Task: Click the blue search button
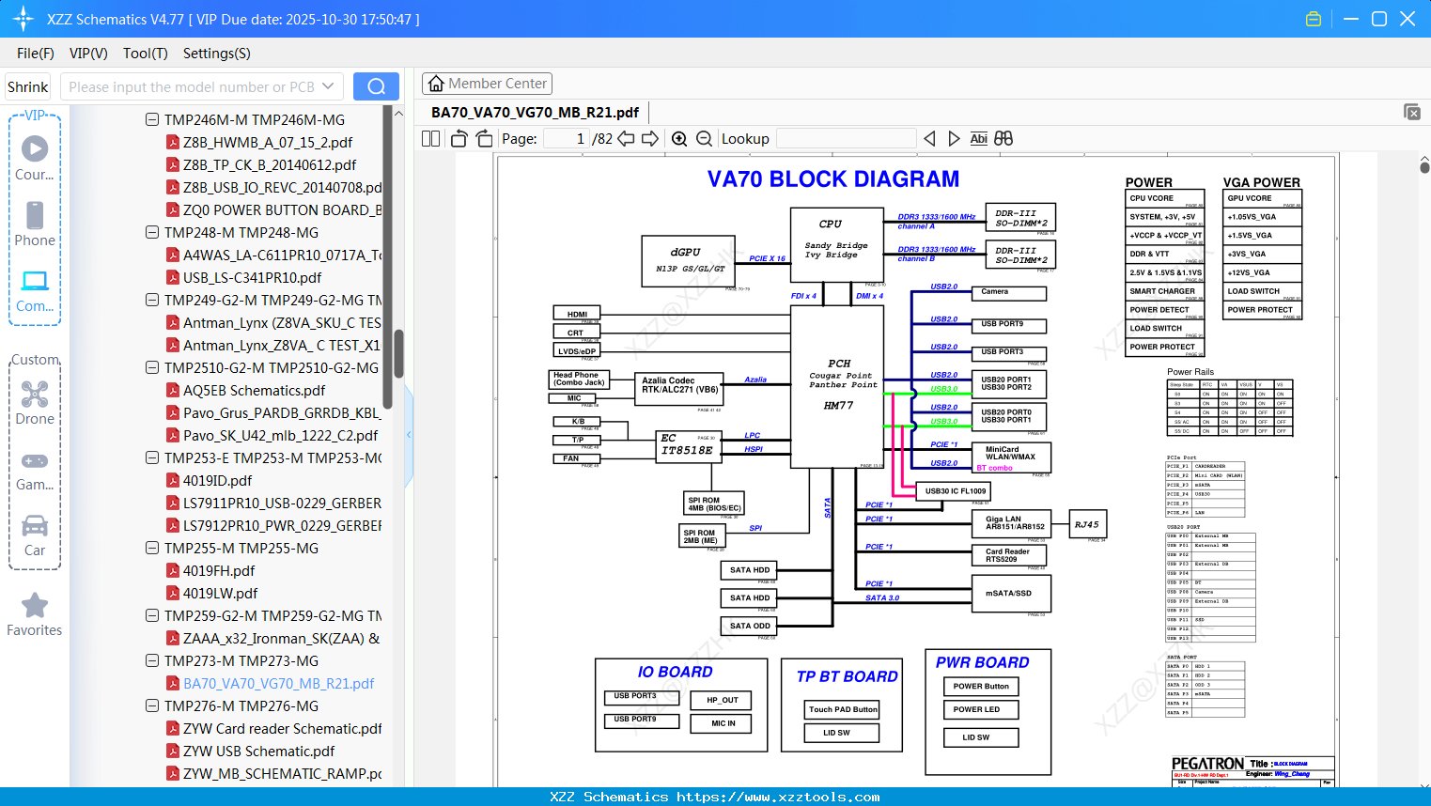coord(376,86)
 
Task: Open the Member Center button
coord(487,84)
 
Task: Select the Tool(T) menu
coord(145,54)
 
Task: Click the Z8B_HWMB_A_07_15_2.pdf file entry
coord(267,143)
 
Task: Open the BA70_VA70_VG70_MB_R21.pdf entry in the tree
coord(278,684)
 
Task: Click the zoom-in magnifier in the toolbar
coord(679,139)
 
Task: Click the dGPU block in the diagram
coord(689,260)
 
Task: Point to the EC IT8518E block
coord(686,445)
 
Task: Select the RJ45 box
coord(1087,525)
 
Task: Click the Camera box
coord(1008,293)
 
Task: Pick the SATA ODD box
coord(750,626)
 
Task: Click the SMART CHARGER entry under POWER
coord(1163,291)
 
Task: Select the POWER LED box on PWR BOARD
coord(980,710)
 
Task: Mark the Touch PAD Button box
coord(843,710)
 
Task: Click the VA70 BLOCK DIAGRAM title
coord(833,179)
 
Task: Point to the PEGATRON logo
coord(1207,764)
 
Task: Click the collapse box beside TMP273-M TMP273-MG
coord(152,661)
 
